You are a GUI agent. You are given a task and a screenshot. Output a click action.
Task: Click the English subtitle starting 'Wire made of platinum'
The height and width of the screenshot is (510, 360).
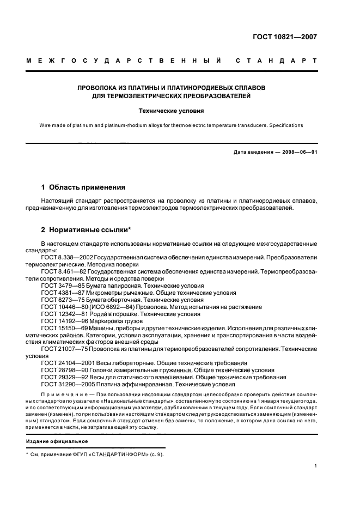[171, 125]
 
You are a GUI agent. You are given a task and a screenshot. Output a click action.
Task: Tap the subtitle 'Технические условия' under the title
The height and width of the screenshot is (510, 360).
[170, 111]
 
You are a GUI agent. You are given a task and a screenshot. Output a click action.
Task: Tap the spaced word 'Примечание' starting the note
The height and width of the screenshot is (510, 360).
[61, 393]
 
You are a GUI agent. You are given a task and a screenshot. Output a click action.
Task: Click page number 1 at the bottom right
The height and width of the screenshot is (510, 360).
[316, 466]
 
